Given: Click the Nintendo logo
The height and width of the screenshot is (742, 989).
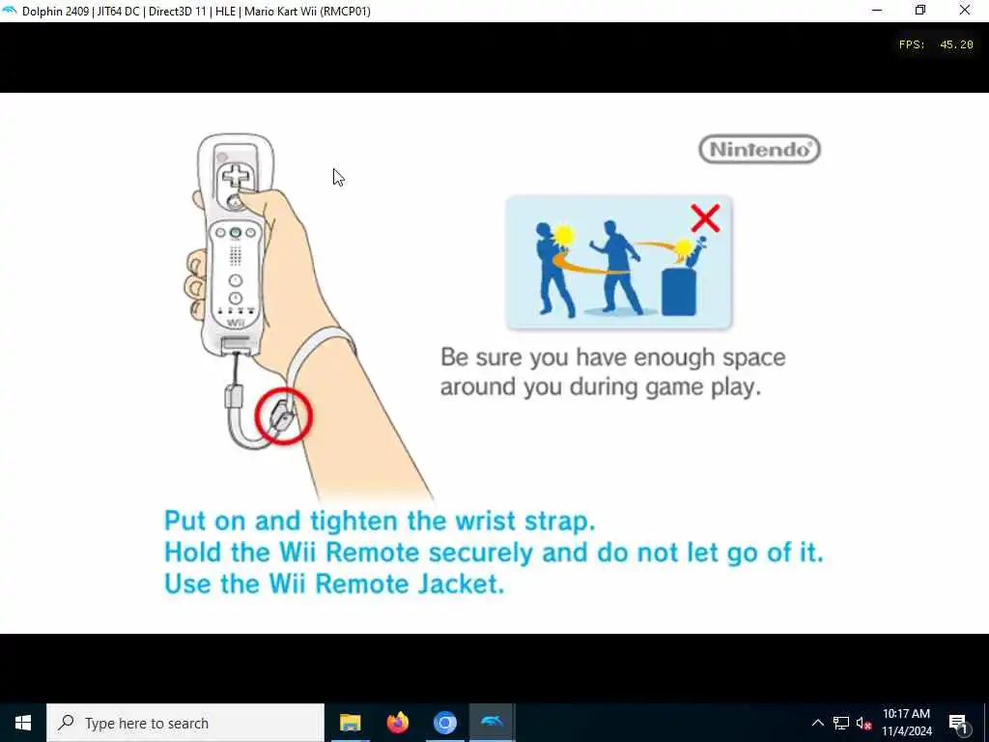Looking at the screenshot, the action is coord(759,150).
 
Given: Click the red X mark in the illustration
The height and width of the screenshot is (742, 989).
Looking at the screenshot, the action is coord(705,218).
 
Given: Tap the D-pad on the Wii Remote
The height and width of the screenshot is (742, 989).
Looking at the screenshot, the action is coord(235,176).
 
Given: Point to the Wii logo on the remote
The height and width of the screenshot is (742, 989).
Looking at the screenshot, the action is coord(236,323).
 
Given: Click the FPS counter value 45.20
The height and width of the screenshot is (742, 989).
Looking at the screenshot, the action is coord(956,44).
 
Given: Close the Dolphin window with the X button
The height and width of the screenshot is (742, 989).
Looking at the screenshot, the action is coord(965,11).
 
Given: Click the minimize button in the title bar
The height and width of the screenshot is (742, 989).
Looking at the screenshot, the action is coord(877,11).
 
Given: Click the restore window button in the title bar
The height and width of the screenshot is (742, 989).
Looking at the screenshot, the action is coord(920,11).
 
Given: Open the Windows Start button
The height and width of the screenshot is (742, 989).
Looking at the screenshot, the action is coord(23,723).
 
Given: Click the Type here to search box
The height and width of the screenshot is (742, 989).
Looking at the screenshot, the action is coord(185,723).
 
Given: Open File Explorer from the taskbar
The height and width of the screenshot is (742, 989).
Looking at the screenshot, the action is coord(350,723).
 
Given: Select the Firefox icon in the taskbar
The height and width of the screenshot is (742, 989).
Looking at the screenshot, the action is coord(397,723).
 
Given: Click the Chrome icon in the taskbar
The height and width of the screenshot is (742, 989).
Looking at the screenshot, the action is coord(444,723).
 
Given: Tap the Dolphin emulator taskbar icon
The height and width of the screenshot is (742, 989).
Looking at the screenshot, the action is coord(492,723).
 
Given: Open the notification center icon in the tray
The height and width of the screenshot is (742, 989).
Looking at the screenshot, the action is coord(958,723).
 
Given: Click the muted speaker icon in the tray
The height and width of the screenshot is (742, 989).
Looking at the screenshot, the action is coord(863,723).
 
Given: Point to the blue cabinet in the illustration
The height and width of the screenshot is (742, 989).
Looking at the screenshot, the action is coord(679,292).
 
